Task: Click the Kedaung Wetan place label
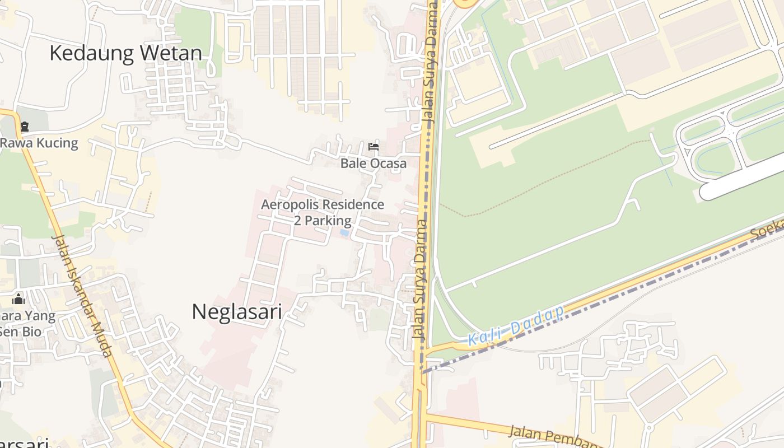pyautogui.click(x=125, y=53)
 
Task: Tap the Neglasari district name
pyautogui.click(x=236, y=312)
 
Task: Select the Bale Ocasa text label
pyautogui.click(x=374, y=164)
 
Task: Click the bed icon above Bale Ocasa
pyautogui.click(x=374, y=147)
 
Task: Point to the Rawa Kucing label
pyautogui.click(x=39, y=143)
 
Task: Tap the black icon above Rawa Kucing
pyautogui.click(x=24, y=127)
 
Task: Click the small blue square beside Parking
pyautogui.click(x=344, y=232)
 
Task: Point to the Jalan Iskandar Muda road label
pyautogui.click(x=83, y=295)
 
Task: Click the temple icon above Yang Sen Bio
pyautogui.click(x=18, y=299)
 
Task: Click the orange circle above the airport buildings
pyautogui.click(x=464, y=3)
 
